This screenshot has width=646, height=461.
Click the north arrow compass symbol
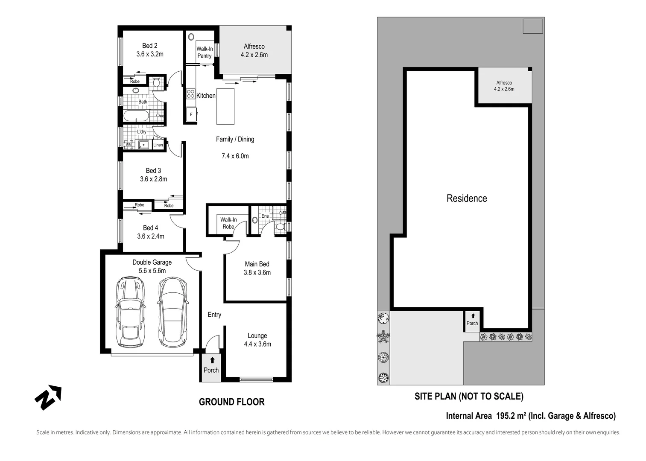click(48, 397)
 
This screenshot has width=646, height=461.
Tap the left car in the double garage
click(130, 312)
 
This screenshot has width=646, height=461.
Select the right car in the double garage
click(173, 312)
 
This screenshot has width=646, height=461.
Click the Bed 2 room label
click(150, 46)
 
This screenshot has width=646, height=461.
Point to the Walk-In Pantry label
click(205, 53)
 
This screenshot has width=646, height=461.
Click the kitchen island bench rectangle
click(225, 106)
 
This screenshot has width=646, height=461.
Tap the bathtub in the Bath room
click(136, 116)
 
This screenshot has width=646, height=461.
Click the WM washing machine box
click(128, 145)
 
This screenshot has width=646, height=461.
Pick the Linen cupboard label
click(158, 145)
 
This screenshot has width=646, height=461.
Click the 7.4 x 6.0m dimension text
click(235, 156)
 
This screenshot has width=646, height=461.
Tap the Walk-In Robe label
click(228, 223)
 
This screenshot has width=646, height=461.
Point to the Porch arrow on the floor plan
click(212, 360)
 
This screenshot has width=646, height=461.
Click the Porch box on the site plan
click(472, 321)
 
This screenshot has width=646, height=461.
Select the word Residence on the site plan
click(467, 198)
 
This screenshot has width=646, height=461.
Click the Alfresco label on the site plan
click(504, 83)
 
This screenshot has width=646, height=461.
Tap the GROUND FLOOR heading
click(231, 402)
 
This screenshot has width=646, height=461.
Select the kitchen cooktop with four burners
click(190, 94)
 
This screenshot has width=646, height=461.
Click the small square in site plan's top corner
click(533, 26)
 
